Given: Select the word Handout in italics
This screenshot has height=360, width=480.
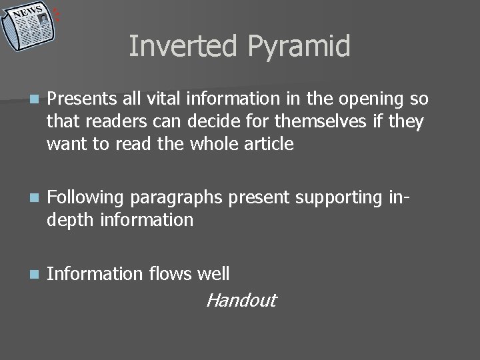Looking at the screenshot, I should coord(241,301).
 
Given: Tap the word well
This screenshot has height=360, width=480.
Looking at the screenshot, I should coord(214,273).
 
